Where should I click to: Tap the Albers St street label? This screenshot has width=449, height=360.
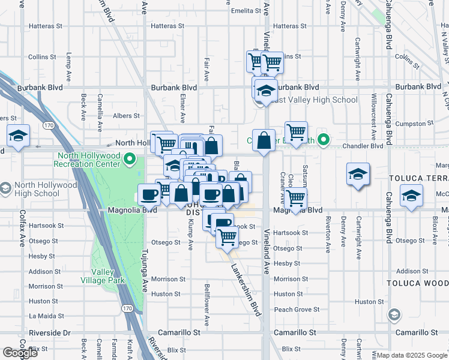tap(127, 116)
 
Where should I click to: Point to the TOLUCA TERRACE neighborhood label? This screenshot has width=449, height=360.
tap(418, 179)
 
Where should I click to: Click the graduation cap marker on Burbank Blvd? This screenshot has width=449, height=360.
tap(265, 90)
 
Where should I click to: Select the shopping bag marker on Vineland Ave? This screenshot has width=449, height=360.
tap(264, 142)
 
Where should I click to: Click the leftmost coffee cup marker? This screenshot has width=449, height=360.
tap(149, 194)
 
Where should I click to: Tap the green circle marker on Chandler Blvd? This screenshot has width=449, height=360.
tap(324, 141)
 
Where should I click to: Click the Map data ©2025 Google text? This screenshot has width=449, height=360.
tap(412, 355)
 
